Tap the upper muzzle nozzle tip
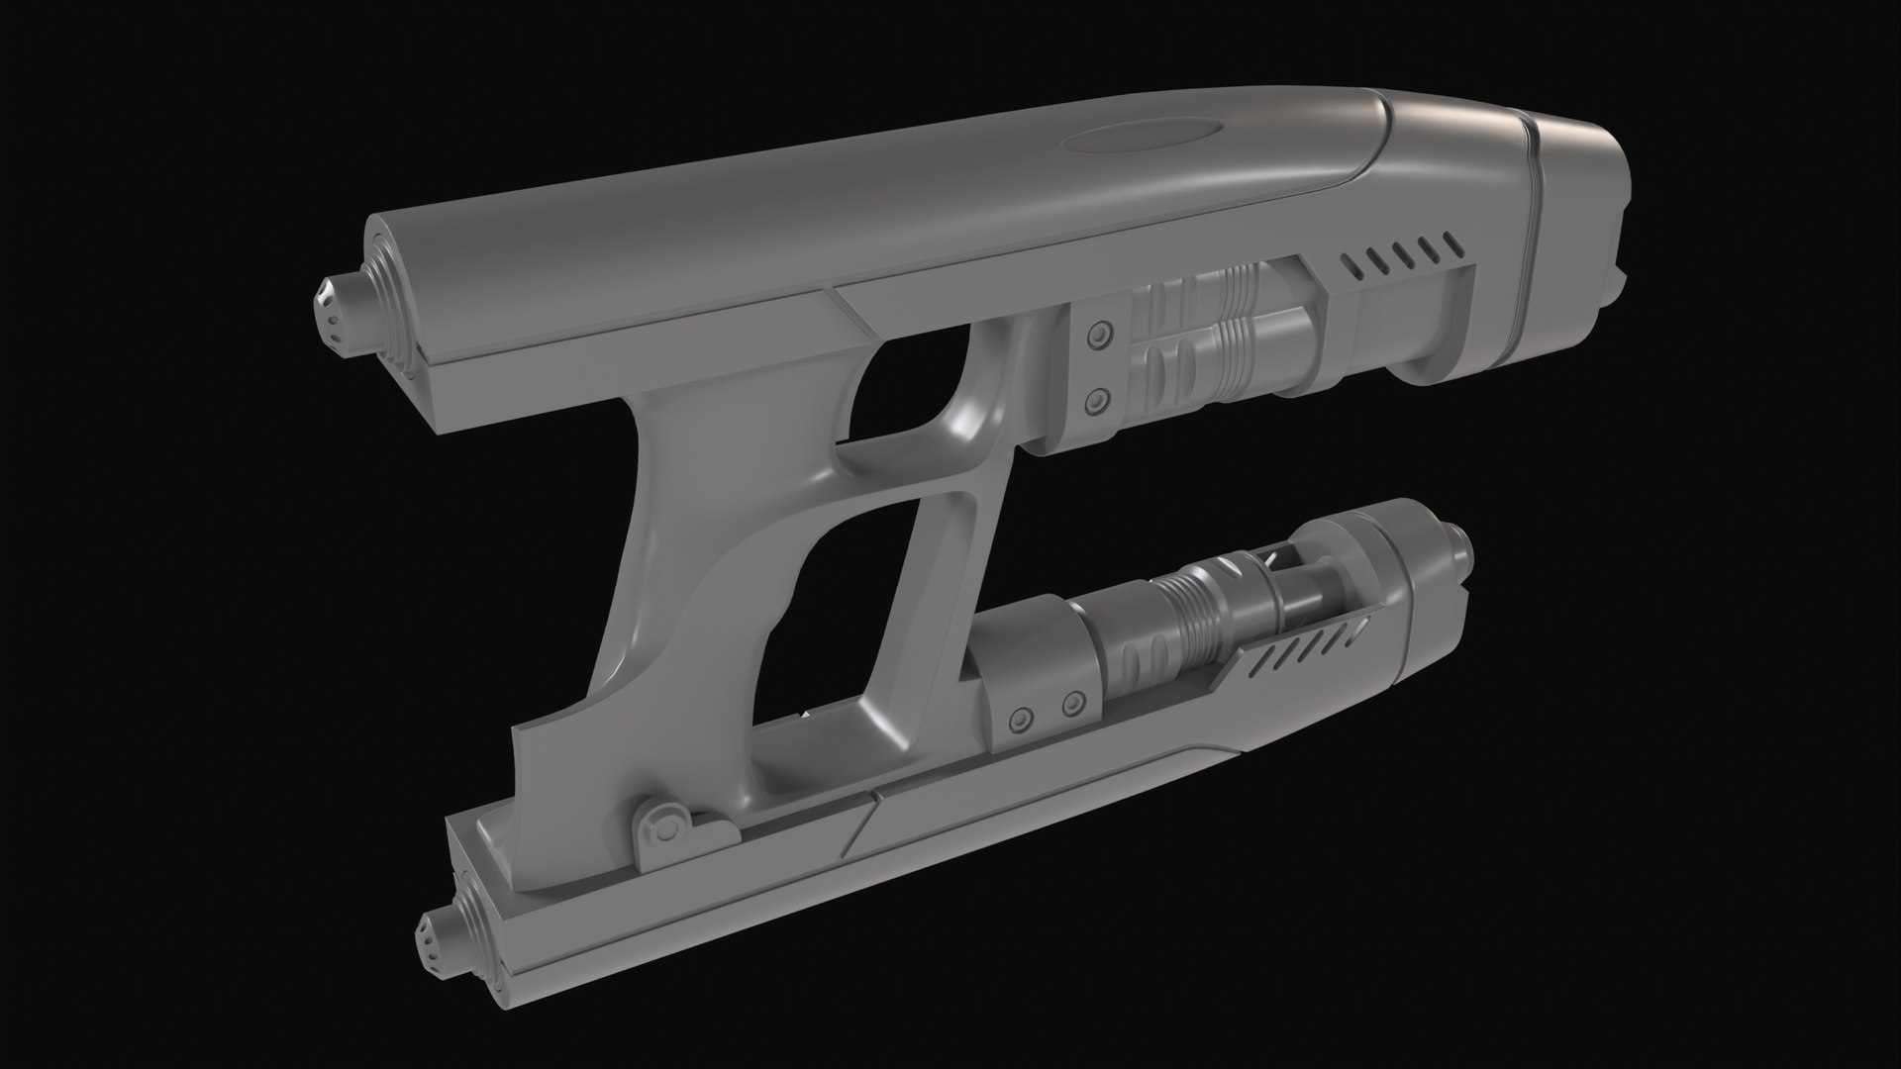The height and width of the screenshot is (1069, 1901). (x=336, y=312)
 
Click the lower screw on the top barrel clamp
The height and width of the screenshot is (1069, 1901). (x=1096, y=400)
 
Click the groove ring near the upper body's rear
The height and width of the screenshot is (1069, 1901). (x=1534, y=198)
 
